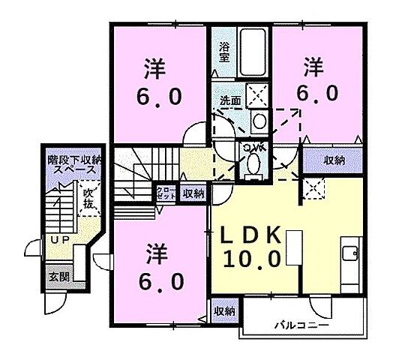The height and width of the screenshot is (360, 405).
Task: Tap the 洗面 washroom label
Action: click(x=229, y=100)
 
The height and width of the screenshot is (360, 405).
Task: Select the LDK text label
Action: click(x=251, y=235)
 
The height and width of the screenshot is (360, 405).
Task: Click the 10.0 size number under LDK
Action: click(x=251, y=259)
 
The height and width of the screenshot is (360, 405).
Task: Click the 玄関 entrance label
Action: click(x=58, y=276)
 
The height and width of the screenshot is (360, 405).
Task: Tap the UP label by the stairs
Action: click(x=59, y=239)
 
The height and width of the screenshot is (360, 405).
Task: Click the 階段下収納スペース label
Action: click(x=73, y=164)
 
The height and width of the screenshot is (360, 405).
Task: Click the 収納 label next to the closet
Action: click(x=193, y=193)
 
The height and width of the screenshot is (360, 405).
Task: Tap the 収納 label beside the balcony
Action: click(x=224, y=310)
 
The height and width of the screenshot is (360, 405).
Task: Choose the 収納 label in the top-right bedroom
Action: click(x=334, y=160)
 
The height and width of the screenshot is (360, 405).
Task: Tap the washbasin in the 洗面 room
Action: click(x=257, y=121)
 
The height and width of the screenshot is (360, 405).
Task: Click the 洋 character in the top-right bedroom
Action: click(x=313, y=68)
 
